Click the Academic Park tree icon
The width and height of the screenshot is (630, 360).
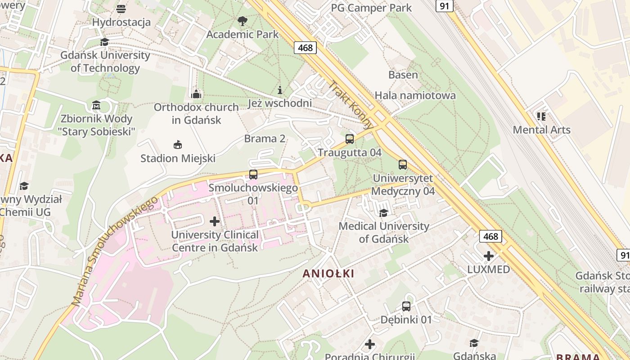pos(242,21)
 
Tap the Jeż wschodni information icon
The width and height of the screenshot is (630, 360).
pos(280,90)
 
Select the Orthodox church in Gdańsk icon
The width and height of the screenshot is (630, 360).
pos(196,94)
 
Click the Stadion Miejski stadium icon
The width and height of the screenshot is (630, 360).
pos(178,145)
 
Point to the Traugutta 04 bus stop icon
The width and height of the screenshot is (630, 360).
pos(350,139)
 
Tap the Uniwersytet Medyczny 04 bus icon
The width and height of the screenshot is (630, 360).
pos(403,165)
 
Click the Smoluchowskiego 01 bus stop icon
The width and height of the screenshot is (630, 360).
pos(253,175)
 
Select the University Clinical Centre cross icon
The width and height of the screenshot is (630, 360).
pos(215,221)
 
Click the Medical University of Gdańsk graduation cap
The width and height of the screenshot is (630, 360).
pos(383,213)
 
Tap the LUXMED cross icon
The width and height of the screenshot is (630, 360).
pos(488,256)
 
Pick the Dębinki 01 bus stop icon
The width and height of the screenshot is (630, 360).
pos(406,306)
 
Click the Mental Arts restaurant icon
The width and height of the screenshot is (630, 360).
pos(541,117)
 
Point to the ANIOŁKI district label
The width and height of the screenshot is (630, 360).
pos(328,273)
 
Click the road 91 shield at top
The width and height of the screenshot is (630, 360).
pos(445,5)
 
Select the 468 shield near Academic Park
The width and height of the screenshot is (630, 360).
pos(306,48)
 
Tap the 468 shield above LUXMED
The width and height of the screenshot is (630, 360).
pos(490,236)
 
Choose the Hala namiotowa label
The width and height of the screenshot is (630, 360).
pos(415,95)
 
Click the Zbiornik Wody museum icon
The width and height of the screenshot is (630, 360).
pos(96,105)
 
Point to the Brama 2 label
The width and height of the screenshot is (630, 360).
pos(265,139)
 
